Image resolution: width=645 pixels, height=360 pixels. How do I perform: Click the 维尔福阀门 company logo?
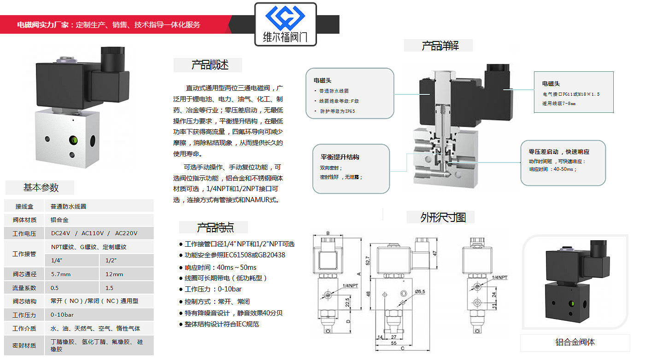point(286,24)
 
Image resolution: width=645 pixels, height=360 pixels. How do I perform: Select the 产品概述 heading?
point(210,65)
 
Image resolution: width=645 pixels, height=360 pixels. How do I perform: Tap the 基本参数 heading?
point(41,187)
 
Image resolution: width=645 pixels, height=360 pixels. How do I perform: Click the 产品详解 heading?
point(440,46)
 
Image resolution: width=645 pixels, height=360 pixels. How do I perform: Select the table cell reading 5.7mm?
point(61,274)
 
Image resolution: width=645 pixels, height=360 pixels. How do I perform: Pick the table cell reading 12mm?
point(114,274)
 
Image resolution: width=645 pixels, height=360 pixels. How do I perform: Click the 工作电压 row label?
point(24,233)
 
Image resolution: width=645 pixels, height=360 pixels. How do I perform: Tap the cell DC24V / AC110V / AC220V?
point(94,233)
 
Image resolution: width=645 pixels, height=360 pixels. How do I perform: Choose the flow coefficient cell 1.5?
point(109,288)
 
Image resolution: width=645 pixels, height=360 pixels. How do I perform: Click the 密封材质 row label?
point(24,345)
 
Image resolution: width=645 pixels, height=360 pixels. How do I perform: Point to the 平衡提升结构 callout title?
point(340,157)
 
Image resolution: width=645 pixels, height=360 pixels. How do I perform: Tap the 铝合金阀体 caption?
point(575,343)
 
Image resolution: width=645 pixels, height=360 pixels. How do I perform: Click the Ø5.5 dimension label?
point(420,291)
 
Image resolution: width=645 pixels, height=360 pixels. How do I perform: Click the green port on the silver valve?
point(72,139)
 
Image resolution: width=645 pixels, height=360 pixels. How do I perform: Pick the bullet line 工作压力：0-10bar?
point(213,289)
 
